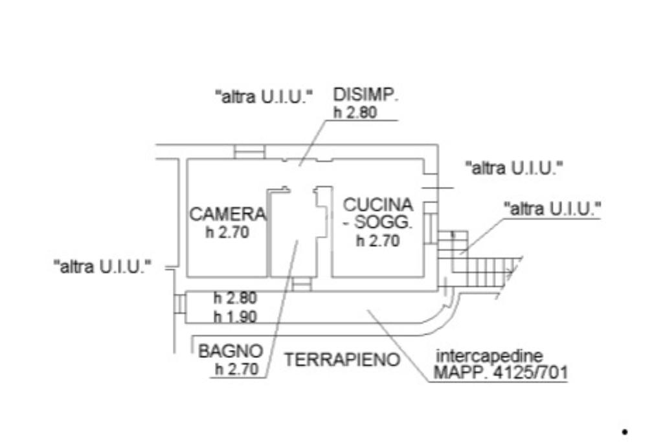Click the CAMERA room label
(227, 214)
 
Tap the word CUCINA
(378, 204)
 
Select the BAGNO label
(231, 351)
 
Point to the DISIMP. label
(365, 95)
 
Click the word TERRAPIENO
(343, 360)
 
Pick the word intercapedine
(489, 356)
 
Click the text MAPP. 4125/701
(500, 373)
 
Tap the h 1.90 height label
(235, 316)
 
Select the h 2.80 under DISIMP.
(355, 113)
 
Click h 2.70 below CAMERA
(227, 233)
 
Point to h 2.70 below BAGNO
(238, 370)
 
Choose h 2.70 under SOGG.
(378, 241)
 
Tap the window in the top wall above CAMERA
(249, 151)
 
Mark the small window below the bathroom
(301, 284)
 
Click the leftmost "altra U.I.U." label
(102, 266)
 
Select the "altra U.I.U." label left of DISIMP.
(264, 98)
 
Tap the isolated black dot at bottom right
(625, 431)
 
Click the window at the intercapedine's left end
(179, 304)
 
